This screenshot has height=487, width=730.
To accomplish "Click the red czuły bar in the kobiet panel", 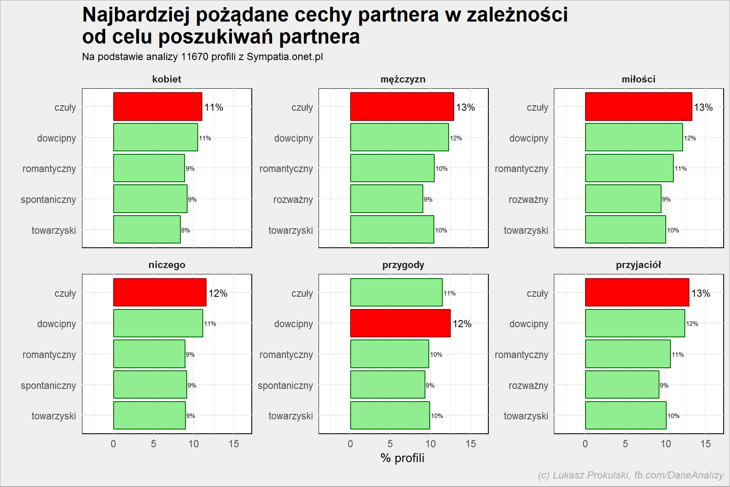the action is coord(158,107).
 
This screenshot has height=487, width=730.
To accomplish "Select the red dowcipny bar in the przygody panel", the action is coord(400,323).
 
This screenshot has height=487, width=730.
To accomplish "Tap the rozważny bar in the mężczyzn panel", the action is coord(387,199).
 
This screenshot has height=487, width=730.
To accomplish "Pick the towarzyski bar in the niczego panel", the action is coord(150,416).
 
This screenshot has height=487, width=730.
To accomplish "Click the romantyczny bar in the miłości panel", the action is coord(629,168).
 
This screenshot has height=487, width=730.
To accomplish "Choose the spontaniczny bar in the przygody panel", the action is coord(388,385).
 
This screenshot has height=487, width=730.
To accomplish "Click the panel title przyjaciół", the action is coord(638,265).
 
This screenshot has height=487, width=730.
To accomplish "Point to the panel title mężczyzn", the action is coord(403,79).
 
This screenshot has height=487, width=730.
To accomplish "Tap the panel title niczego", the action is coord(167,265).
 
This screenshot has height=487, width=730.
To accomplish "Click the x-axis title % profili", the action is coord(403,458).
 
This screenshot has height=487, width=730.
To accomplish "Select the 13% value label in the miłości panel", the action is coord(703,107).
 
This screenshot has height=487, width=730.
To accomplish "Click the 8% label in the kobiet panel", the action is coord(186,230).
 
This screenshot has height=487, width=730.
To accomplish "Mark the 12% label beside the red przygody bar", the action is coord(462,324).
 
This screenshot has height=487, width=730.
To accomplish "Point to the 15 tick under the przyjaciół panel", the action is coord(705,444).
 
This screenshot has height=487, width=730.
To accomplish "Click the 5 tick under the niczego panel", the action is coord(153,444).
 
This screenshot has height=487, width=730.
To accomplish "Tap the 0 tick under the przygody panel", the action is coord(350,444).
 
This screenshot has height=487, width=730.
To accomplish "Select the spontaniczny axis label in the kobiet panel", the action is coord(48,200).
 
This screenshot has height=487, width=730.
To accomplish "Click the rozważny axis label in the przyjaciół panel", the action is coord(528,386).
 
